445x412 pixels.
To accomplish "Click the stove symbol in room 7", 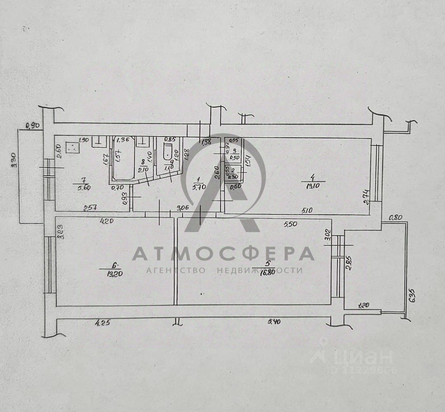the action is tap(73, 147).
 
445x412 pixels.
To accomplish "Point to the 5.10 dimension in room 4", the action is tap(307, 211).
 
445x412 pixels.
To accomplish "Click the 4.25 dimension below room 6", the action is tap(103, 323).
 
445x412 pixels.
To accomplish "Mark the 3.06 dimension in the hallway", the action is tap(185, 208).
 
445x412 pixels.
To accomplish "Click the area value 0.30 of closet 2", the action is tap(233, 177).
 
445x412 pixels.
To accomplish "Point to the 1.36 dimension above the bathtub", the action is tap(123, 140).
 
